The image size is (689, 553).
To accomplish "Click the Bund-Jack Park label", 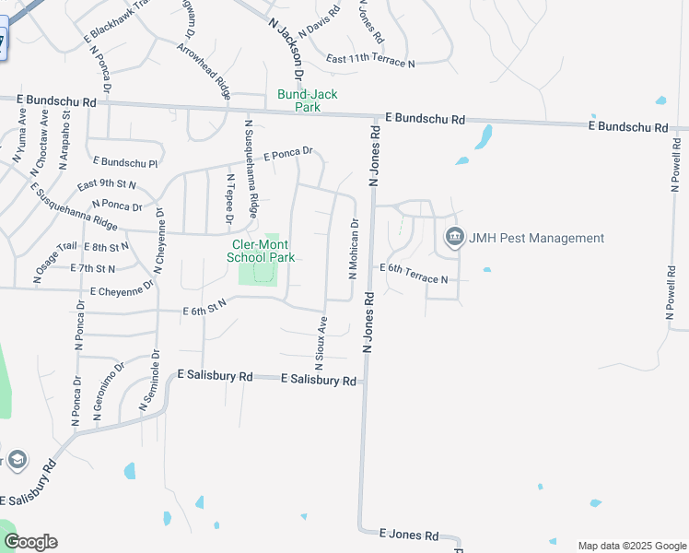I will click(x=308, y=100).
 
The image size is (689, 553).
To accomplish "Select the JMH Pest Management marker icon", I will click(x=454, y=238).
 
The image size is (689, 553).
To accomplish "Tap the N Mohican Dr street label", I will click(x=353, y=249).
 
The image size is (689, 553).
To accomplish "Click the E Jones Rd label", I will click(x=410, y=535).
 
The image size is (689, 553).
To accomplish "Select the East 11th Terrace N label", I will click(x=370, y=62).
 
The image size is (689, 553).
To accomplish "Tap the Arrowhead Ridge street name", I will click(x=204, y=70).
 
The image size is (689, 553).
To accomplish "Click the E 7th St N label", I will click(x=92, y=268).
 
